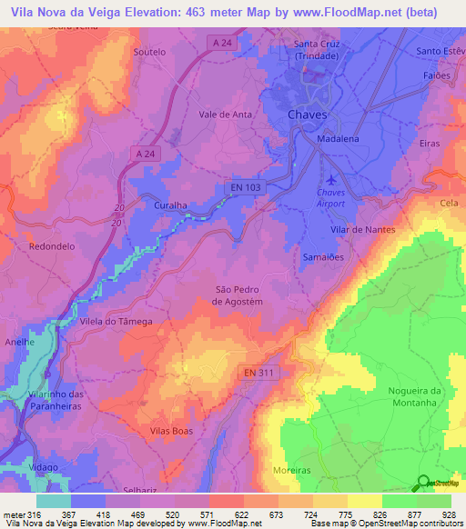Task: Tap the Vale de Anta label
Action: pos(225,115)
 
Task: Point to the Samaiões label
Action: pos(321,257)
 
